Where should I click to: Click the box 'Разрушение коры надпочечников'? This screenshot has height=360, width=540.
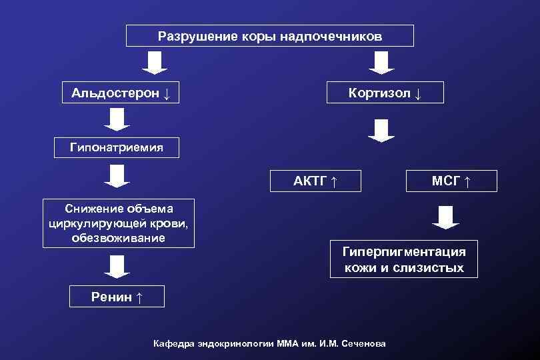point(270,36)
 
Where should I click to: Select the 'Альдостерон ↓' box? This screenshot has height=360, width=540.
point(120,93)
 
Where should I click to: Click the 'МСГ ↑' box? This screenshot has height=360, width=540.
point(451,181)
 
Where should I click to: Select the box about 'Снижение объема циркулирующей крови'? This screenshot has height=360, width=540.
point(118,223)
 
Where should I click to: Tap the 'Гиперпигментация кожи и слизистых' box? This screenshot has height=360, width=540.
point(403,259)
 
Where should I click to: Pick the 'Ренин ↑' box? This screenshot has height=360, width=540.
point(117,297)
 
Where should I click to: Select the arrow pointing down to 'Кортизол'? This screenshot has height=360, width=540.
point(381,63)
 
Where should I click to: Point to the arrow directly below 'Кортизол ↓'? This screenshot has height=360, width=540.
point(381,131)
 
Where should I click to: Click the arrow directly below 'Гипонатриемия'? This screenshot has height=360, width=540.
point(116,175)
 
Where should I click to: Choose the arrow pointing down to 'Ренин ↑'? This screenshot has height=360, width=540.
point(116,267)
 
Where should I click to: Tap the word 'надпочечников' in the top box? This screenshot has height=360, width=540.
point(340,36)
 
